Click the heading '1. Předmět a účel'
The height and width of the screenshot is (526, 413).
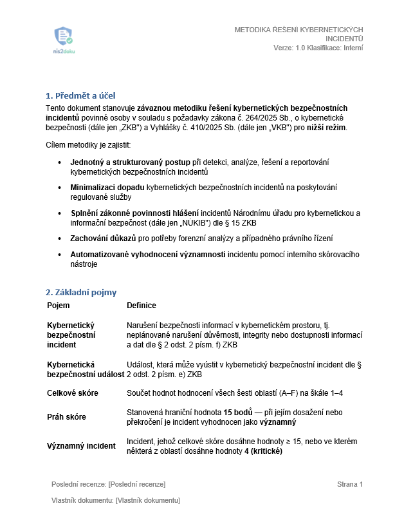[80, 95]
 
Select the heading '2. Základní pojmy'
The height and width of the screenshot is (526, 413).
[81, 292]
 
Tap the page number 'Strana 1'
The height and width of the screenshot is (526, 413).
[350, 484]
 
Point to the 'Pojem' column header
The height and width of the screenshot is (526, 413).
[59, 306]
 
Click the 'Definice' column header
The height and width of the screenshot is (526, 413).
[142, 306]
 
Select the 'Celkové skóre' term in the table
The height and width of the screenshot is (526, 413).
[73, 393]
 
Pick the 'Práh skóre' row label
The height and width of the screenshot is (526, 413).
[67, 417]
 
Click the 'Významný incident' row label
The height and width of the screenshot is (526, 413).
[81, 446]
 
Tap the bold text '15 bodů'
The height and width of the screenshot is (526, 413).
[238, 412]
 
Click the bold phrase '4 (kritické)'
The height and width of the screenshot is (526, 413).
[261, 451]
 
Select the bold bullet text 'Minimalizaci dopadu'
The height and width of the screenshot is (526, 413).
[107, 187]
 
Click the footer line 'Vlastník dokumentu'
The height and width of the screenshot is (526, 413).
[116, 501]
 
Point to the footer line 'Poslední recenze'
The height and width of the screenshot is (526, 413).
[109, 484]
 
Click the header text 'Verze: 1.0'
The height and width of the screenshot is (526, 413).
[289, 48]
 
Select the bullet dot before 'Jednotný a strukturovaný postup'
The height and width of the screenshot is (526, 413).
[60, 161]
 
